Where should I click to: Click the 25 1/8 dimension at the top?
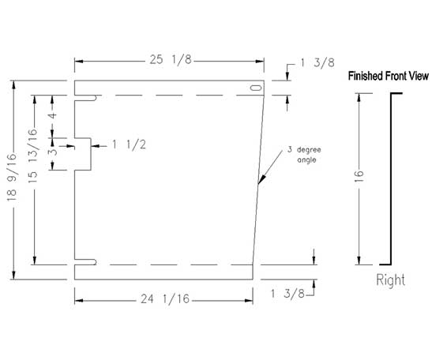[171, 60]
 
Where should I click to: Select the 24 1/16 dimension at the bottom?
[165, 299]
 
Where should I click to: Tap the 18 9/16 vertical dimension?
[12, 178]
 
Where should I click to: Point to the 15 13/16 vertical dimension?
[32, 156]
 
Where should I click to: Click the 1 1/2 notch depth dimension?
[129, 144]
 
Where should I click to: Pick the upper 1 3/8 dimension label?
[317, 63]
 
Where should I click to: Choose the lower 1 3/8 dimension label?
[287, 294]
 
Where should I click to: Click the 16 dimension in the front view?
[359, 176]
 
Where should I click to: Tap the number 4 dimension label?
[53, 114]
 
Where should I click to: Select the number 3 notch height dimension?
[53, 152]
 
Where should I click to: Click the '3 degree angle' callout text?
[304, 155]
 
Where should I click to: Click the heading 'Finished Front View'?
[389, 76]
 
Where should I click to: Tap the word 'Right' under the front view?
[390, 280]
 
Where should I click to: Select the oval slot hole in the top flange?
[256, 88]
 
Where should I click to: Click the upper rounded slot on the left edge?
[85, 98]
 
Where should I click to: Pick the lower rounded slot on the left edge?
[85, 262]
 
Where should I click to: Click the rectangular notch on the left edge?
[83, 154]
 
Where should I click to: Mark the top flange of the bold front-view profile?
[396, 94]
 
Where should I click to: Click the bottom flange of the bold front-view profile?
[385, 264]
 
